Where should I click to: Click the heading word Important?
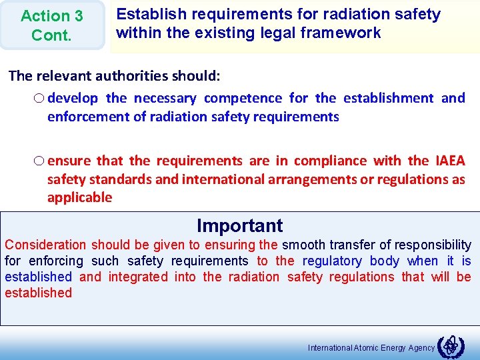(x=240, y=226)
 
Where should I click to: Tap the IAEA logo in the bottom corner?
(x=452, y=345)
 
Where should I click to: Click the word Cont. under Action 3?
(x=51, y=35)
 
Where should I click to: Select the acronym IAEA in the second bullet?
(x=451, y=161)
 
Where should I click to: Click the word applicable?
(x=79, y=198)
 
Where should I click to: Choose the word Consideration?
(x=45, y=245)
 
